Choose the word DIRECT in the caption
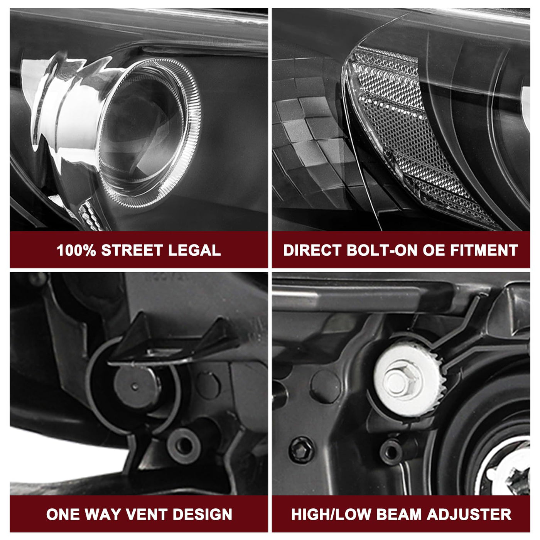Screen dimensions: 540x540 click(x=312, y=250)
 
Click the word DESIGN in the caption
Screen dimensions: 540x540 click(x=202, y=514)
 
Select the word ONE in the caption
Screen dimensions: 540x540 click(x=62, y=514)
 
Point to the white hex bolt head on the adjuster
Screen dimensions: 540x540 click(x=401, y=381)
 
